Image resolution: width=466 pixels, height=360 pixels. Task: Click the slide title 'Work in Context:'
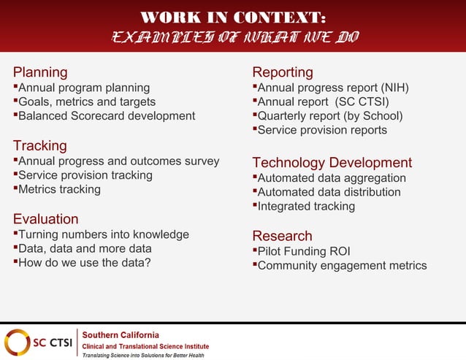[232, 17]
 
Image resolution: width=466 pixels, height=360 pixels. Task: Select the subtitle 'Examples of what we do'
[233, 37]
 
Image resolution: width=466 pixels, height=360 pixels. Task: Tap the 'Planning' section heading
[40, 72]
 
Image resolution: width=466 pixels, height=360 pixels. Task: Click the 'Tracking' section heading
[40, 146]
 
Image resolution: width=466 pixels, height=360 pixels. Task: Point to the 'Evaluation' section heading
[46, 219]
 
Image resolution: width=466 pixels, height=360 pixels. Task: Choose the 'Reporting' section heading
[283, 72]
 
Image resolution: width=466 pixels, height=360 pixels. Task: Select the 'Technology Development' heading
[332, 163]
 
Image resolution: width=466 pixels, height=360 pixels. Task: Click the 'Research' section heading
[282, 236]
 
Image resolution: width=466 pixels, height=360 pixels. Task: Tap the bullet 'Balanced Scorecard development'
[106, 115]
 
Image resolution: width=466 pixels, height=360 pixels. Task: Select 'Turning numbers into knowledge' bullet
[103, 234]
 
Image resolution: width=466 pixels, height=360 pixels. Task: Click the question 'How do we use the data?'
[84, 263]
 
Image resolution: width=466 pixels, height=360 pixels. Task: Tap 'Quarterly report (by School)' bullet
[329, 115]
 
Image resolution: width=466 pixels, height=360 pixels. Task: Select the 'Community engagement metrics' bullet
[342, 265]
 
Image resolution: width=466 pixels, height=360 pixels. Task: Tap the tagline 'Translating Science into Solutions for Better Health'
[142, 355]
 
